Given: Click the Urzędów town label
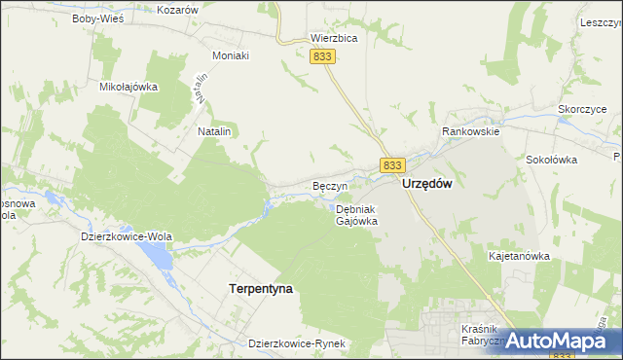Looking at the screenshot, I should [x=427, y=184].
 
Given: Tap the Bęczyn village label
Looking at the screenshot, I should [x=329, y=185].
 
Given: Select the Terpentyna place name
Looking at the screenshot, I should [x=260, y=289].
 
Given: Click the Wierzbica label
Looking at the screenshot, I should [x=334, y=39].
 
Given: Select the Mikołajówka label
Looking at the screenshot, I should [x=128, y=86].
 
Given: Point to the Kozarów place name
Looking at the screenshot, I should [x=177, y=9].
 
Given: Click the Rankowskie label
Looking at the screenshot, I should [x=470, y=131].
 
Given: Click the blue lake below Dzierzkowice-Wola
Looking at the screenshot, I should [x=156, y=256].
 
